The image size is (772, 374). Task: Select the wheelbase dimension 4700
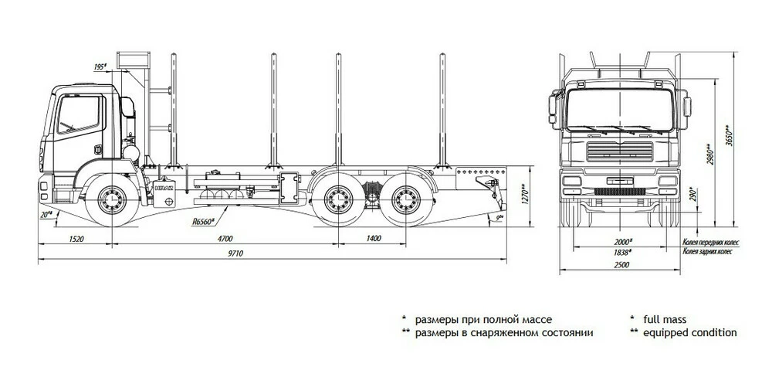(x=225, y=239)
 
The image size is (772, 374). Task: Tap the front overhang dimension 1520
(x=75, y=239)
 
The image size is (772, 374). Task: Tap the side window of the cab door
(x=80, y=115)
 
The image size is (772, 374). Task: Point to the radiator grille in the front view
(x=620, y=151)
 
